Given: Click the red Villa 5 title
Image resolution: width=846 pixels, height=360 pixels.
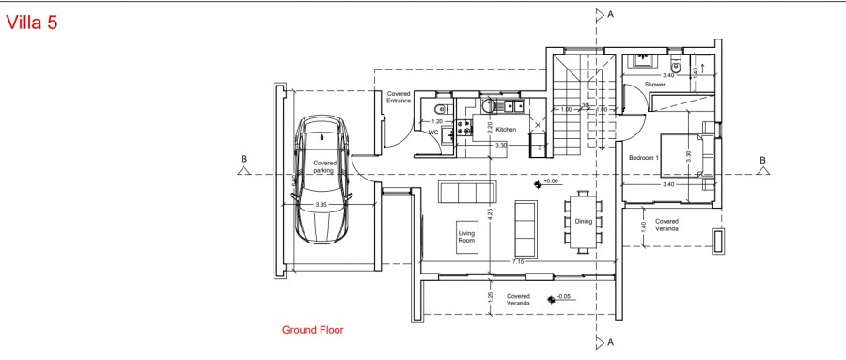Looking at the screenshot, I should point(32,23).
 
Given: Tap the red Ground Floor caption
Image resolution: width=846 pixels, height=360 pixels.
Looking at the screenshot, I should point(313,330).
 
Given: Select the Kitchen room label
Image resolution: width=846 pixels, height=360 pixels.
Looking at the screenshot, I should point(507,130).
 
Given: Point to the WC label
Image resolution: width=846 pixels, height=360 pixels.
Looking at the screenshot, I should point(433,133).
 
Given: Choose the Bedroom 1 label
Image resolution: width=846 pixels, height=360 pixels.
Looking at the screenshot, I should point(644,157).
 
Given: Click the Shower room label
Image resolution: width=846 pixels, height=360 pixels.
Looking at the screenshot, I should point(655,85).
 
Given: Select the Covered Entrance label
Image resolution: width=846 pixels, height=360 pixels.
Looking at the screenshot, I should point(399,97).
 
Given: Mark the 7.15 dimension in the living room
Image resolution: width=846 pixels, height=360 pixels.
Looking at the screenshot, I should point(518,260).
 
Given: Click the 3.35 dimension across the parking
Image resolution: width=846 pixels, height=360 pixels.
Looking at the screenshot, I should point(321,205).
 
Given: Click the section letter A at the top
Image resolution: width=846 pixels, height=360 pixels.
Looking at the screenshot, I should point(611,14).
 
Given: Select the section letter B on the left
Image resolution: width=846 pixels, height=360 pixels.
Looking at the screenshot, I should point(243,159).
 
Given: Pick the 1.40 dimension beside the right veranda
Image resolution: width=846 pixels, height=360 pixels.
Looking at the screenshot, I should point(643,227).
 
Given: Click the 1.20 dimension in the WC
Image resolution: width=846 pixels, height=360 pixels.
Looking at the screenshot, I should point(436,121).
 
